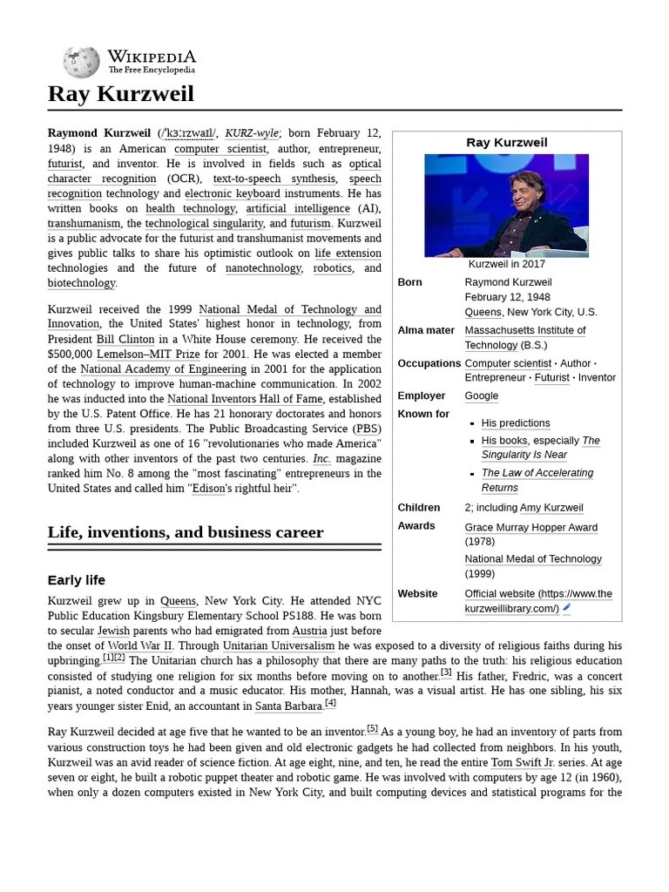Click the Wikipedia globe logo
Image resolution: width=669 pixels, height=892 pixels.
coord(81,61)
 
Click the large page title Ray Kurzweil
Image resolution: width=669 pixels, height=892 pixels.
coord(121,94)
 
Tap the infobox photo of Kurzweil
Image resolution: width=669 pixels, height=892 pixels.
coord(506,206)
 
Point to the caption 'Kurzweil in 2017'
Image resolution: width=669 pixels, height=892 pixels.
coord(506,264)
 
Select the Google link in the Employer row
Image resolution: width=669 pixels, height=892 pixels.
coord(482,395)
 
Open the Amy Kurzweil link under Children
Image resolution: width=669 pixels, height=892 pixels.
coord(551,508)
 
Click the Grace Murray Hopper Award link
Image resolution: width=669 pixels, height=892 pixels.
coord(530,527)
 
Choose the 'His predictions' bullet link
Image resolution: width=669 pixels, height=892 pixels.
coord(516,423)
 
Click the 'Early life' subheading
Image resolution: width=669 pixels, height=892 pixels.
coord(77,580)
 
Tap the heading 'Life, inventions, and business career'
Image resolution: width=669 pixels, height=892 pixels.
coord(186,532)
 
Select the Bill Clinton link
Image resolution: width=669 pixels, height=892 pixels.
coord(125,340)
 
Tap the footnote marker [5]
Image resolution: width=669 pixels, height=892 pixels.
coord(372,728)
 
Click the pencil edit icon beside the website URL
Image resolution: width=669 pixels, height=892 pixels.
coord(567,608)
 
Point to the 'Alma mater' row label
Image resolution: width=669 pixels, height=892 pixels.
coord(426,330)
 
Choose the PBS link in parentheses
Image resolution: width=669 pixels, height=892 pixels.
coord(366,429)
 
